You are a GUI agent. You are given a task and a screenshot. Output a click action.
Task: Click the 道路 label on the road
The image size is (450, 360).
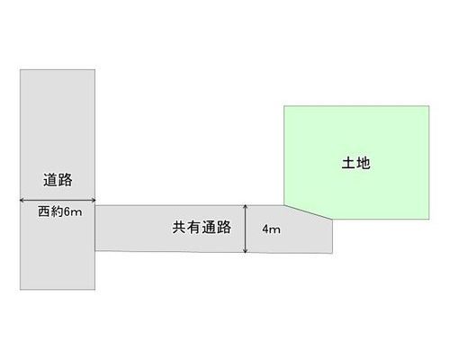click(58, 180)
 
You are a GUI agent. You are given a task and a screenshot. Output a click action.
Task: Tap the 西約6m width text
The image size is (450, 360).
click(60, 211)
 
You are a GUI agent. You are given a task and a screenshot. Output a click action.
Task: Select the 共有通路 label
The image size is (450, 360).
click(202, 227)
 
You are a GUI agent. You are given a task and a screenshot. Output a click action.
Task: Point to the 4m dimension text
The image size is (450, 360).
click(272, 229)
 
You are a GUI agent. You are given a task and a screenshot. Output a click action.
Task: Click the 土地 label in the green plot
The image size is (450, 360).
click(356, 163)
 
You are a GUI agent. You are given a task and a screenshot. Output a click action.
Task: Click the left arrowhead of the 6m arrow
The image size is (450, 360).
click(22, 200)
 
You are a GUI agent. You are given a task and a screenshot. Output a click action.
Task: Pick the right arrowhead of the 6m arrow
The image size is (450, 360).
click(94, 200)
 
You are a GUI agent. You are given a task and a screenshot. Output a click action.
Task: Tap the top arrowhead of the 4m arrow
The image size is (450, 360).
click(246, 207)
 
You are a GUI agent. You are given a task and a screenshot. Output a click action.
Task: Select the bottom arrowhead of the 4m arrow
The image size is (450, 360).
click(246, 251)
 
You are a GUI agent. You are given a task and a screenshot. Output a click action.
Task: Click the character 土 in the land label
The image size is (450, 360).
click(348, 163)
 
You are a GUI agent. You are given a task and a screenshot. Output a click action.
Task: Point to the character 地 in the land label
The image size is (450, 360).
click(364, 163)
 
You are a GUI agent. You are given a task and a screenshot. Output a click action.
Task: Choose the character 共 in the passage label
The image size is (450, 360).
click(179, 227)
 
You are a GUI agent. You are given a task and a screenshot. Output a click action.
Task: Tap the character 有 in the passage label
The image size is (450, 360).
click(194, 227)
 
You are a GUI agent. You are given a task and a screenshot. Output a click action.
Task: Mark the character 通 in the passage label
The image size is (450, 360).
click(209, 227)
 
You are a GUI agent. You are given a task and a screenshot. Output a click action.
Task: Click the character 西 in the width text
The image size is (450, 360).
click(43, 211)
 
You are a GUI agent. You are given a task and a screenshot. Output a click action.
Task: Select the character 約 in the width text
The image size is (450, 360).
click(56, 211)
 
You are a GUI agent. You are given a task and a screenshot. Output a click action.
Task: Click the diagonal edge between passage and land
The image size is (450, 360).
click(309, 212)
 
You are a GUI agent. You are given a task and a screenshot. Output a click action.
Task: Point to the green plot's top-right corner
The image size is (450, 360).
click(429, 106)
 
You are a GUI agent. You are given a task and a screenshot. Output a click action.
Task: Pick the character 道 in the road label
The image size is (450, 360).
click(50, 180)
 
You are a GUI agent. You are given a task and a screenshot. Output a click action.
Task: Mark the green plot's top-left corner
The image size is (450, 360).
click(284, 106)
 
